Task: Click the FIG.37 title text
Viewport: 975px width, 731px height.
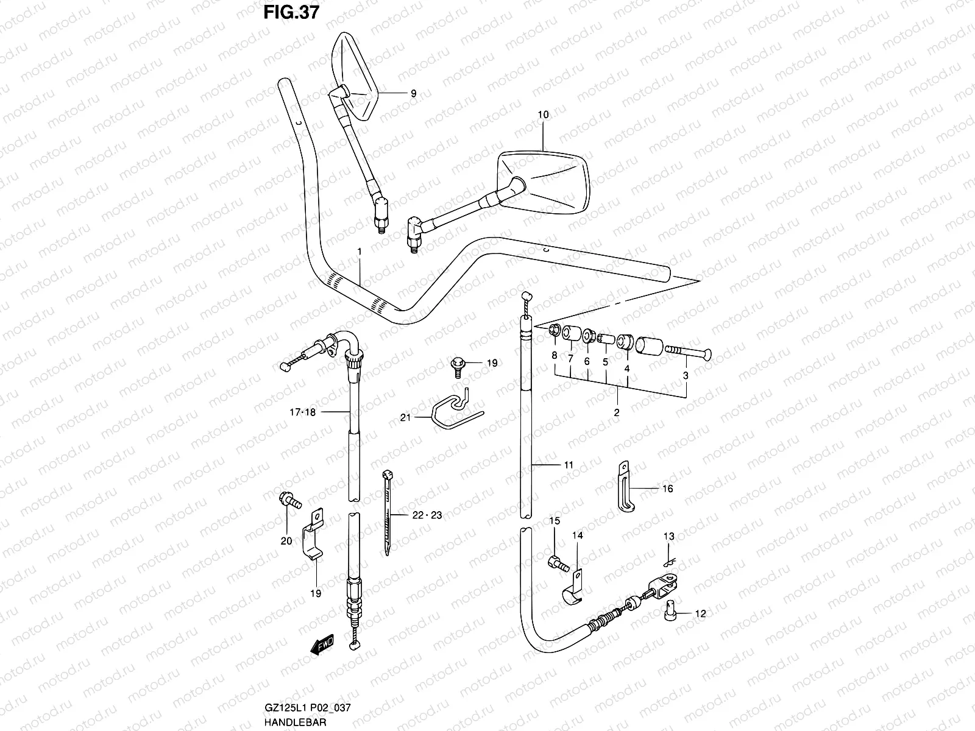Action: (292, 13)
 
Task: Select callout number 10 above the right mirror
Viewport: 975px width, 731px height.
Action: (543, 114)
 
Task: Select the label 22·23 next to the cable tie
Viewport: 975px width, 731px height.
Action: (427, 515)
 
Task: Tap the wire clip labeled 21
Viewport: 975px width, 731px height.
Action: (451, 411)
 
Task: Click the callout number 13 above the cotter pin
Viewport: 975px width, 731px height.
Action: (668, 536)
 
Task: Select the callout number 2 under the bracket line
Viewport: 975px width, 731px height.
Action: (616, 412)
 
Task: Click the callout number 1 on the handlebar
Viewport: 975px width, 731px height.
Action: (360, 252)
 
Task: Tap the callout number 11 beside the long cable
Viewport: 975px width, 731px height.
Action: (568, 465)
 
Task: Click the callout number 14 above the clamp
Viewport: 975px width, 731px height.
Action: (577, 535)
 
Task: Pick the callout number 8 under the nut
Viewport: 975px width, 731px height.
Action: (554, 355)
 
